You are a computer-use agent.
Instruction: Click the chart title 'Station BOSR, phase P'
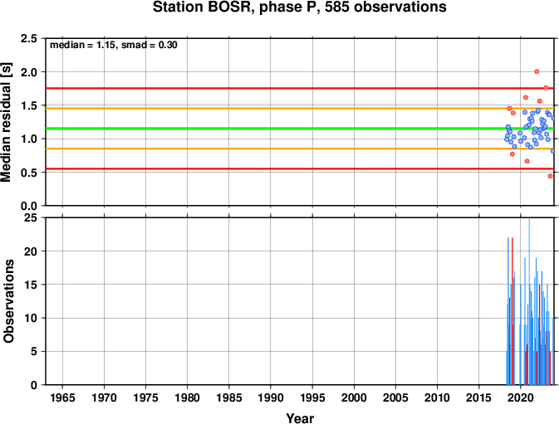(237, 7)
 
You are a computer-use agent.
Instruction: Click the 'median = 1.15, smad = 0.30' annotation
(113, 45)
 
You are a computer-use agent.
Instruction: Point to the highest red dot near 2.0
(537, 71)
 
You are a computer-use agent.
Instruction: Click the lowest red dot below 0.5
(550, 176)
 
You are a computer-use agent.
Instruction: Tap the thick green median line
(300, 128)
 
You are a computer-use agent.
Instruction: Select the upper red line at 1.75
(300, 88)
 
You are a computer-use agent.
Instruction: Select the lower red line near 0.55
(300, 168)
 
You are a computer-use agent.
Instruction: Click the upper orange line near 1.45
(300, 108)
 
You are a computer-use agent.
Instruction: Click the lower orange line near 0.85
(300, 149)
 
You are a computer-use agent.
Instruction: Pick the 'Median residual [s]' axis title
(7, 122)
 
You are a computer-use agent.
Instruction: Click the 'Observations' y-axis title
(7, 301)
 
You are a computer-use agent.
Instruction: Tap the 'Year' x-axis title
(300, 418)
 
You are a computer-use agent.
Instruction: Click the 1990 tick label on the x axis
(271, 397)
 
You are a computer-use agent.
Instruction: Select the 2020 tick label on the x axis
(520, 397)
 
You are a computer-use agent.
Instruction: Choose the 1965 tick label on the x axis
(63, 397)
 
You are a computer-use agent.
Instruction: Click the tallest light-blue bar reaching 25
(529, 301)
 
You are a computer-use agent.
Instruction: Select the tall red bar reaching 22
(512, 311)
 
